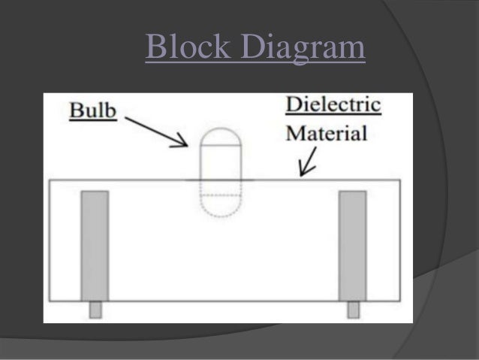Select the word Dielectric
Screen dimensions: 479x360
(x=333, y=105)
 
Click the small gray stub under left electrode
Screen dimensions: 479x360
(x=95, y=309)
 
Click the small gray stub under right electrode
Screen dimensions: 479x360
(x=352, y=309)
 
